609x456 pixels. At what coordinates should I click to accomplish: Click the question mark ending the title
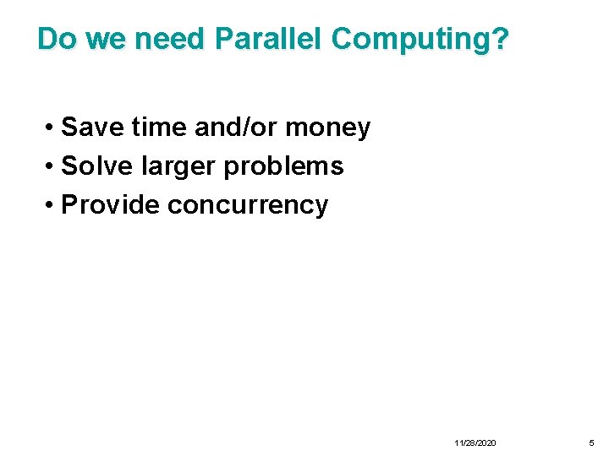coord(500,39)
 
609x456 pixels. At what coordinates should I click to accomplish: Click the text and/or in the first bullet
coord(237,128)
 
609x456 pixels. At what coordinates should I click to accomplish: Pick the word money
coord(328,128)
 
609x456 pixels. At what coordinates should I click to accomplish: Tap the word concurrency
coord(248,205)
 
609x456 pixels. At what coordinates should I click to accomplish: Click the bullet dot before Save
coord(52,128)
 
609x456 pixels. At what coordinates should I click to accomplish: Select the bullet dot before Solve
coord(52,167)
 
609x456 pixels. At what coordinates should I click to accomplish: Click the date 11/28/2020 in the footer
coord(475,442)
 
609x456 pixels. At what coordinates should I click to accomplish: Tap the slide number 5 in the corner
coord(591,442)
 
